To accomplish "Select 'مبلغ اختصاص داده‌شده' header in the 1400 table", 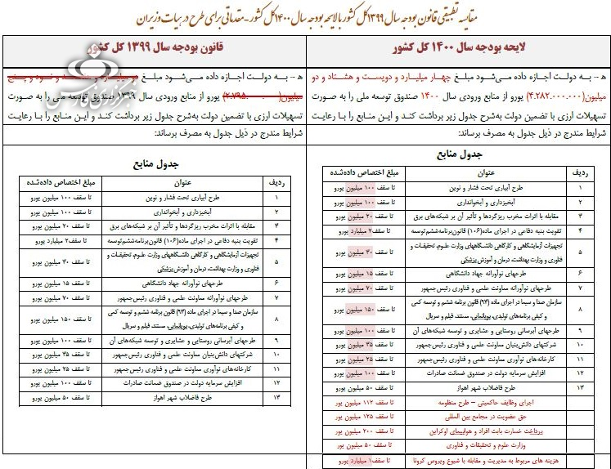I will [x=361, y=174].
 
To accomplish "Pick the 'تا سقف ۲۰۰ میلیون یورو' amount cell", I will [x=362, y=430].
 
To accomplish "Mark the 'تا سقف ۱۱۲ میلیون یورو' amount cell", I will [x=362, y=402].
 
